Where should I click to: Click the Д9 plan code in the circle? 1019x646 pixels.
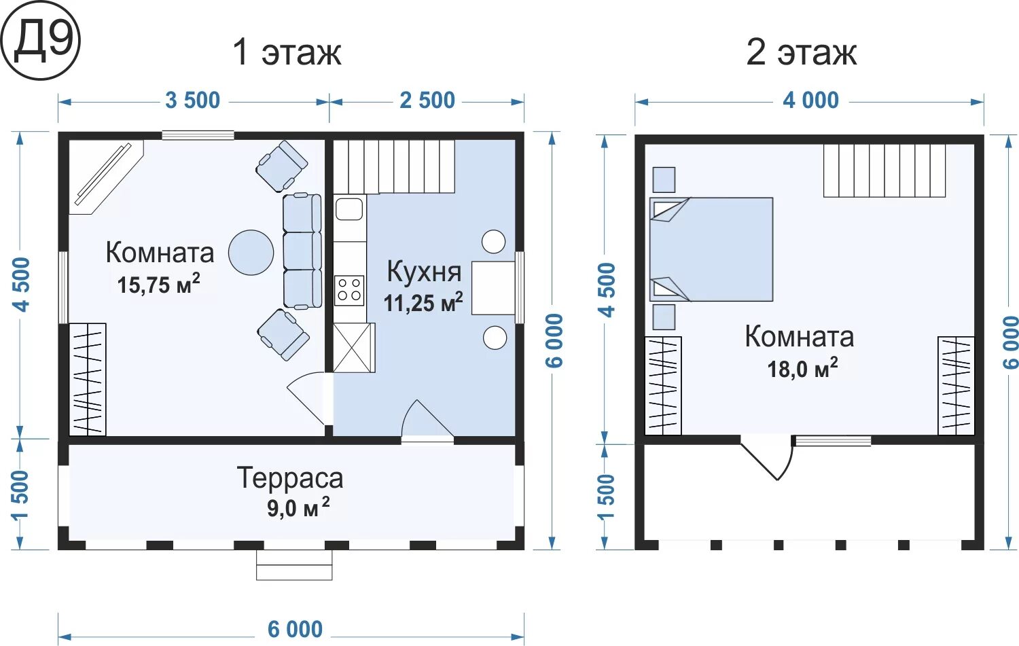click(x=43, y=41)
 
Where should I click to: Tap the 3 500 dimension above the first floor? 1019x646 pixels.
click(x=192, y=101)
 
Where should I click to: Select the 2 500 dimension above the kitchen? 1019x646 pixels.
click(x=427, y=101)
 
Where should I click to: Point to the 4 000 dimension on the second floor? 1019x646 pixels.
click(x=810, y=101)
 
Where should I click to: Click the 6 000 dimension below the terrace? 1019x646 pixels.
click(x=295, y=630)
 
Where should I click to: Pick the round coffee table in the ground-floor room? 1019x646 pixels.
click(x=251, y=253)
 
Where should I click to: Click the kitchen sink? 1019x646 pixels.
click(x=349, y=209)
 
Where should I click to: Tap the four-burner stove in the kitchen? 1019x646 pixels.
click(x=349, y=290)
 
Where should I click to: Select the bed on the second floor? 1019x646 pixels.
click(x=711, y=249)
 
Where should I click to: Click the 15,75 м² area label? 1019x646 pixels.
click(x=159, y=284)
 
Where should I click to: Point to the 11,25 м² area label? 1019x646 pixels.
click(x=423, y=302)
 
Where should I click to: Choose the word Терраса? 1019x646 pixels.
click(x=290, y=478)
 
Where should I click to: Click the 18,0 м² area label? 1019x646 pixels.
click(x=803, y=367)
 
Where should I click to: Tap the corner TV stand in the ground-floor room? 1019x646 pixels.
click(x=106, y=177)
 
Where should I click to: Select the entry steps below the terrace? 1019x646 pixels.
click(x=294, y=564)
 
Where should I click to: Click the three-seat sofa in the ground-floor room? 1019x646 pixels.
click(x=302, y=251)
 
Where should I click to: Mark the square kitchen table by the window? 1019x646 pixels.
click(x=493, y=288)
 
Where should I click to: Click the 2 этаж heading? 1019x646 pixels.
click(x=802, y=53)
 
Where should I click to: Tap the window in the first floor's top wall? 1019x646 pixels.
click(x=198, y=135)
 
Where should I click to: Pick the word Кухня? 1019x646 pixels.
click(x=424, y=272)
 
